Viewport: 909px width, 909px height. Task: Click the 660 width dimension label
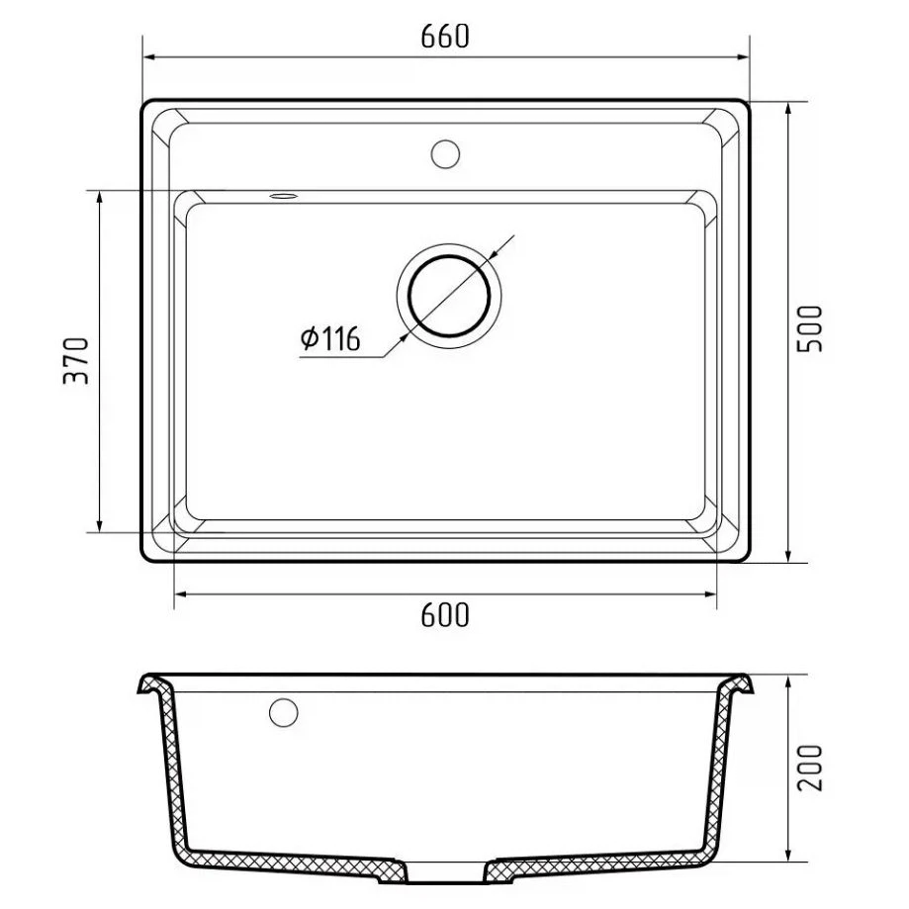445,37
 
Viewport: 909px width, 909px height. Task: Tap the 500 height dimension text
810,328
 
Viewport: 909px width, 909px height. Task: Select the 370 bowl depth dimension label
76,361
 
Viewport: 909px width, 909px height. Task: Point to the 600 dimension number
445,615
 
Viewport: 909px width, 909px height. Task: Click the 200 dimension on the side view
810,768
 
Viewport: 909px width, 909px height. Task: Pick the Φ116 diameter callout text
330,338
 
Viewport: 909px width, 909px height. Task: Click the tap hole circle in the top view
445,154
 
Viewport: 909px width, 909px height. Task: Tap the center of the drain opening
449,296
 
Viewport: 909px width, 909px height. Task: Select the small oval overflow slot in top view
284,196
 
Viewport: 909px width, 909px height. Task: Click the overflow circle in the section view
284,712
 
